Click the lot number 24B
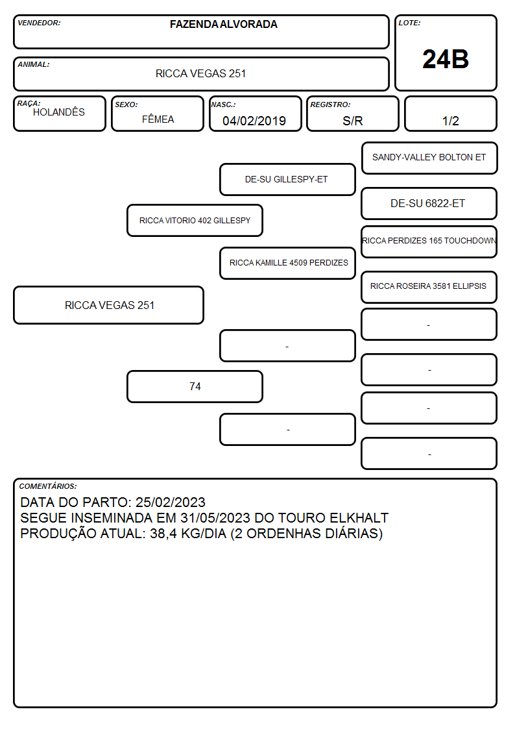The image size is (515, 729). coord(446,60)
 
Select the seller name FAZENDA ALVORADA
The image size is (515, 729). coord(223,24)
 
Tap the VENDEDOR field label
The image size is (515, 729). coord(39,23)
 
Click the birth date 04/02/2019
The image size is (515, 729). coord(254,121)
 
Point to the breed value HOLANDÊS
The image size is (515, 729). coord(59,112)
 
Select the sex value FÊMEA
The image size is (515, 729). coord(158,119)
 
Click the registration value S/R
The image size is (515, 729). coord(352,121)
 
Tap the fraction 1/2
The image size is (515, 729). coord(450,121)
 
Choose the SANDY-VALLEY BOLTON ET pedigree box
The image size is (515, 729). coord(429,158)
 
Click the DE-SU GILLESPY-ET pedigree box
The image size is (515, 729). coord(287,179)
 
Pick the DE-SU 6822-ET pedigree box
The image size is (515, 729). coord(429,204)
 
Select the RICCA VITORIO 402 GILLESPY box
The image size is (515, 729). coord(195,220)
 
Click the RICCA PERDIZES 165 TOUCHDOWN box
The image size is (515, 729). coord(429,241)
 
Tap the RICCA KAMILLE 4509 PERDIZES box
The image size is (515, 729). coord(287,263)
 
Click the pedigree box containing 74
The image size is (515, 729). coord(195,386)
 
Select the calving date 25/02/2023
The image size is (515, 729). coord(171,502)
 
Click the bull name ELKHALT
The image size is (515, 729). coord(359,518)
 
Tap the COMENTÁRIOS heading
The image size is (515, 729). coord(48,486)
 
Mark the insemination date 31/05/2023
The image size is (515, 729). coord(215,518)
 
